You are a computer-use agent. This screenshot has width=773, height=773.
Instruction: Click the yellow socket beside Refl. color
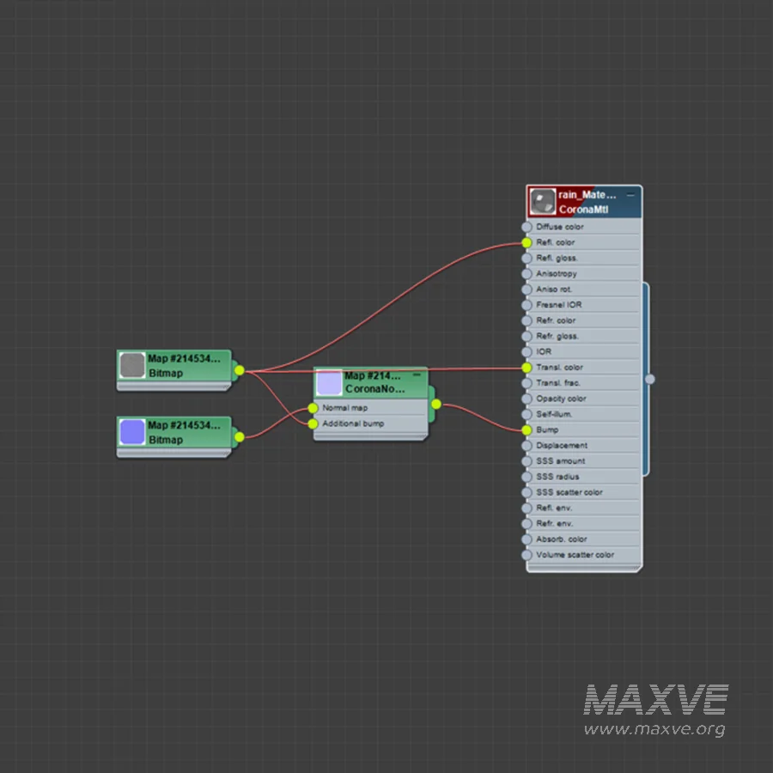(526, 242)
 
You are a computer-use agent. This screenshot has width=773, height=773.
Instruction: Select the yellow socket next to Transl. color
(526, 368)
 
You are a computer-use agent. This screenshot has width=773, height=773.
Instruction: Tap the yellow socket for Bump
(526, 430)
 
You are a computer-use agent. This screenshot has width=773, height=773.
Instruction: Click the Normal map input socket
(313, 408)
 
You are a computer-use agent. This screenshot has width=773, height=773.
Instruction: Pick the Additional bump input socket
(313, 424)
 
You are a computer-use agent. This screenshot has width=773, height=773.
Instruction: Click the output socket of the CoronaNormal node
(436, 405)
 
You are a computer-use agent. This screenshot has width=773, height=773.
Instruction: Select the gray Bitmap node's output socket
(239, 370)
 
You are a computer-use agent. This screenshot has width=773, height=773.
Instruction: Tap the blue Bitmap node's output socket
(239, 437)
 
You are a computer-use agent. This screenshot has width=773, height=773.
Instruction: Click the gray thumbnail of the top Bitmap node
(132, 365)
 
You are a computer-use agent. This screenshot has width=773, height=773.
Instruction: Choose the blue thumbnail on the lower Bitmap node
(132, 432)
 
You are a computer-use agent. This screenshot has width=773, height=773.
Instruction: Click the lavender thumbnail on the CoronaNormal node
(329, 382)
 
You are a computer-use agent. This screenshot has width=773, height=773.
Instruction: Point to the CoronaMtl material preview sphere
(542, 202)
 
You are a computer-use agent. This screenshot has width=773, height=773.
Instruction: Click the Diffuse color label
(559, 227)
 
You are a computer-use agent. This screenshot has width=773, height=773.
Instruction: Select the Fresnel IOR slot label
(558, 305)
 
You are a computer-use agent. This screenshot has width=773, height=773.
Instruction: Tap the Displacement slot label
(562, 446)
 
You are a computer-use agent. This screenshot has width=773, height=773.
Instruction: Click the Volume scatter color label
(575, 555)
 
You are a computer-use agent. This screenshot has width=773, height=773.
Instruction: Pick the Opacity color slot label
(561, 399)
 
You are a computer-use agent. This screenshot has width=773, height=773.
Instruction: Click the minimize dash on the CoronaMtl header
(630, 195)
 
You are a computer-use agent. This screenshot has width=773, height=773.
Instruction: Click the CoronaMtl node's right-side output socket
(650, 379)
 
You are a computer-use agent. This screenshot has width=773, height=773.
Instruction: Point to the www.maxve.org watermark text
(654, 729)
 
